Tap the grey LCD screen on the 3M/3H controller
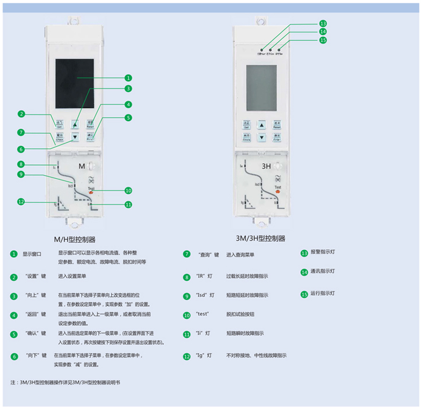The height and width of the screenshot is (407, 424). click(x=261, y=87)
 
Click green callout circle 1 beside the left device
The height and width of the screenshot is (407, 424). click(x=128, y=78)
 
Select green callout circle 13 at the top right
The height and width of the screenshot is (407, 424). click(x=323, y=24)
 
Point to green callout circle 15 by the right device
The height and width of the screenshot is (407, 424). click(x=323, y=40)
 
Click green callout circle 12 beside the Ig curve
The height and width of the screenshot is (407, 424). click(x=21, y=202)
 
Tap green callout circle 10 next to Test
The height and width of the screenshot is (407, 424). click(x=128, y=190)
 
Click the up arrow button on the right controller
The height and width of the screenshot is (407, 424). click(x=261, y=125)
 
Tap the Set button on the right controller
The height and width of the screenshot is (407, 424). click(x=246, y=125)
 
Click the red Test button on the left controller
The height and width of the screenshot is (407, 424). click(x=91, y=192)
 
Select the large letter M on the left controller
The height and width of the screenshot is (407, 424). click(x=82, y=166)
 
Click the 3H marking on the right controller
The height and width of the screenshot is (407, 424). click(x=266, y=166)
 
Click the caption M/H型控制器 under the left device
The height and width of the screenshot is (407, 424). click(x=75, y=239)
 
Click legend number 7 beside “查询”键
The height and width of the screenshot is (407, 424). click(x=187, y=254)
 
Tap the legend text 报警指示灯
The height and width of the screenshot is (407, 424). click(x=323, y=252)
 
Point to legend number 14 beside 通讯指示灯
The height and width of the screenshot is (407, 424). click(x=304, y=272)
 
